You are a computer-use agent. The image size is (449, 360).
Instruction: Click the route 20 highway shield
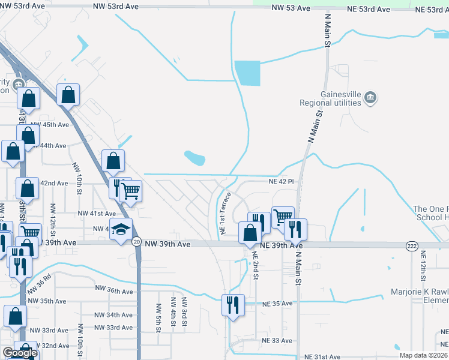(136, 242)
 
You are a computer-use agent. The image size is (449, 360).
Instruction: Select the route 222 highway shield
(411, 246)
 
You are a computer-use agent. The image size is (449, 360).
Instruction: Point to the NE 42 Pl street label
(281, 181)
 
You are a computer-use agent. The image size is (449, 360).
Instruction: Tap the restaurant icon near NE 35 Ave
(231, 304)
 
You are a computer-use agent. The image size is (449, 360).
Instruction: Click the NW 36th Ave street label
(114, 289)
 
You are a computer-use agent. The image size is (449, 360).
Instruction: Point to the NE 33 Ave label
(277, 340)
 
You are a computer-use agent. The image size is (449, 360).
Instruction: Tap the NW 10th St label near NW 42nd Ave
(77, 178)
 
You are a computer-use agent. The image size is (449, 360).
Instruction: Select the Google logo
(19, 353)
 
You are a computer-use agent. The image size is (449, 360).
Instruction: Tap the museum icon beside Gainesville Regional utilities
(370, 97)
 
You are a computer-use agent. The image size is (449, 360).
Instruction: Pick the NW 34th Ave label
(114, 315)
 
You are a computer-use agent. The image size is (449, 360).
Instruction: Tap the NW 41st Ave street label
(97, 214)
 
